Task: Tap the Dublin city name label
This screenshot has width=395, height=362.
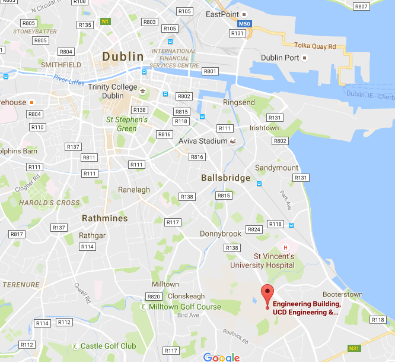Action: pyautogui.click(x=123, y=57)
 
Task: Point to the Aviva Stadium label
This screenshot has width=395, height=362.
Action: pyautogui.click(x=203, y=141)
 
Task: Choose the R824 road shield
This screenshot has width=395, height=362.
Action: pyautogui.click(x=254, y=229)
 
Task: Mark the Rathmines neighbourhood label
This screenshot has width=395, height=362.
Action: pyautogui.click(x=104, y=218)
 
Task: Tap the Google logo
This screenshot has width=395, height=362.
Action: pyautogui.click(x=221, y=357)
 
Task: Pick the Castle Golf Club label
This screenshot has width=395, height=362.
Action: pyautogui.click(x=108, y=346)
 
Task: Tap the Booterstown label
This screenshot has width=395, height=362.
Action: pyautogui.click(x=342, y=294)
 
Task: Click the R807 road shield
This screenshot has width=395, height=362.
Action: pyautogui.click(x=361, y=7)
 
